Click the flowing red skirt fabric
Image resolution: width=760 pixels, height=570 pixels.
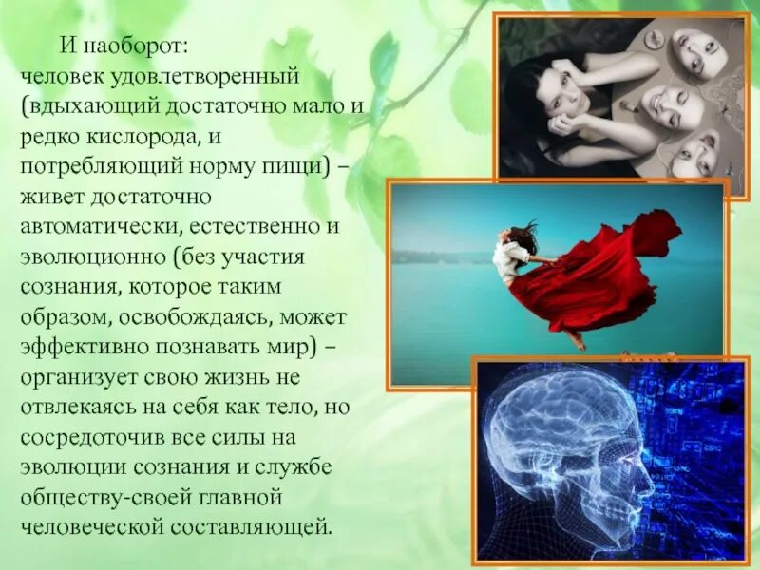point(608,275)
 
